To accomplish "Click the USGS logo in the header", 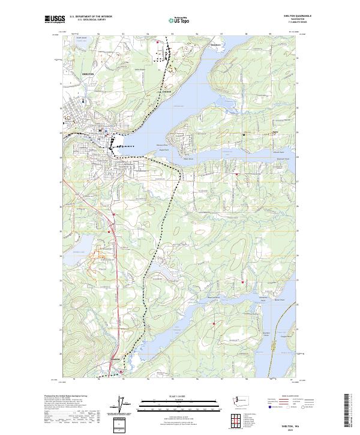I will click(x=55, y=19).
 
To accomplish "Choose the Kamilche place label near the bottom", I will click(x=116, y=358).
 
